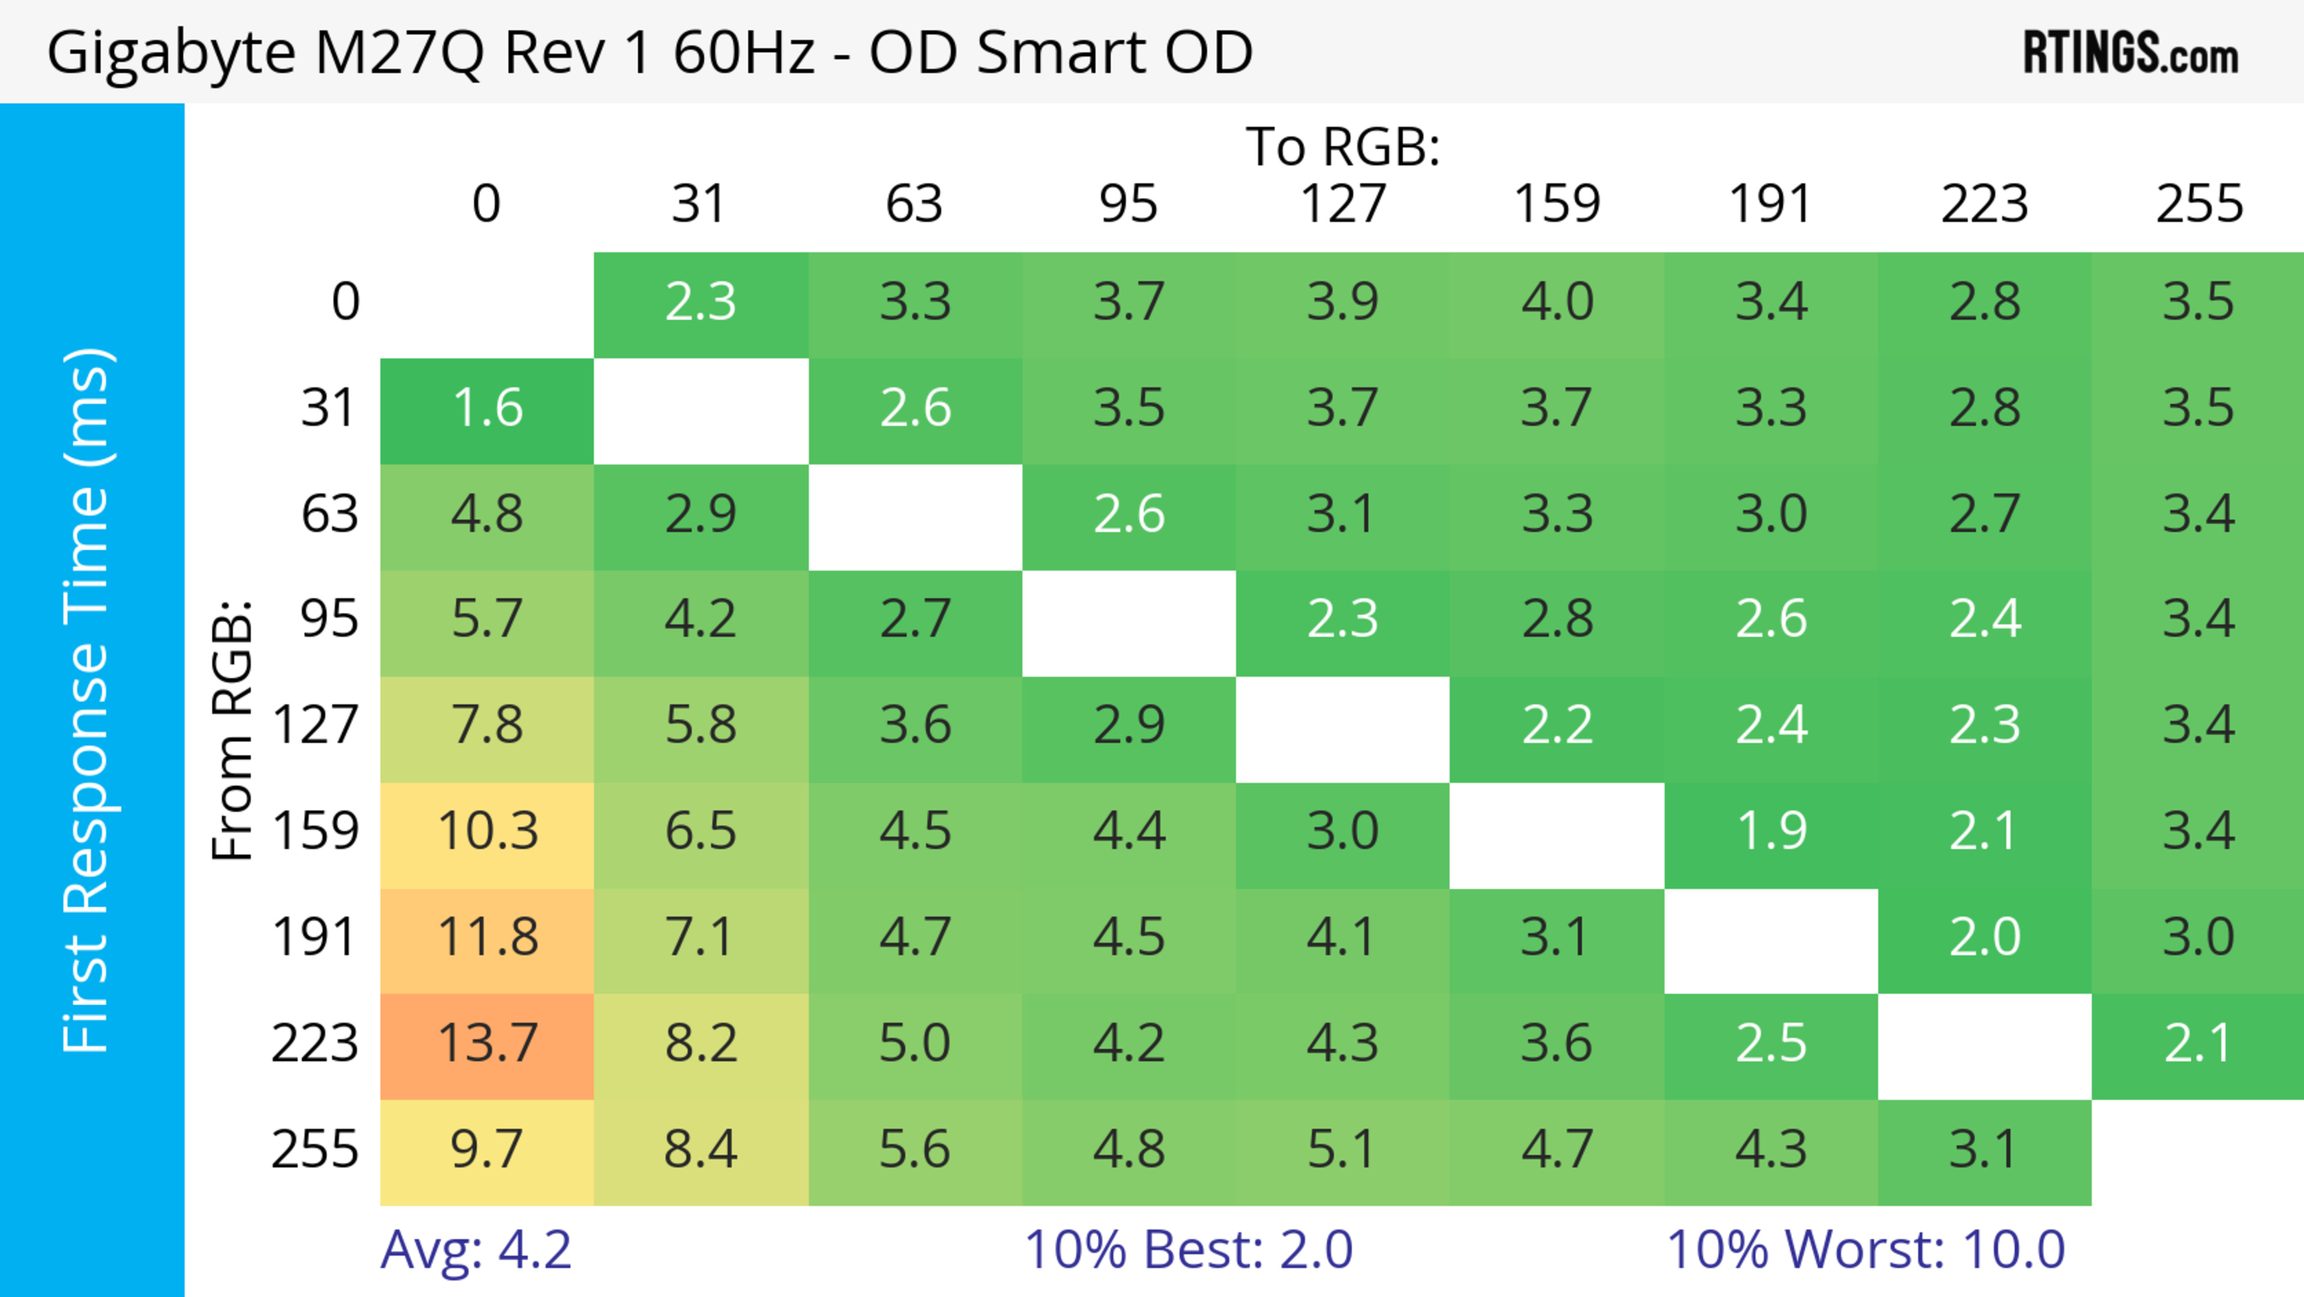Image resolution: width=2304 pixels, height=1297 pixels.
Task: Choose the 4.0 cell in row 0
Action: point(1556,303)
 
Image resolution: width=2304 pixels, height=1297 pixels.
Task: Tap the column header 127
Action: point(1343,204)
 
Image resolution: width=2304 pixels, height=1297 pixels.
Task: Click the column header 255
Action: point(2198,204)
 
